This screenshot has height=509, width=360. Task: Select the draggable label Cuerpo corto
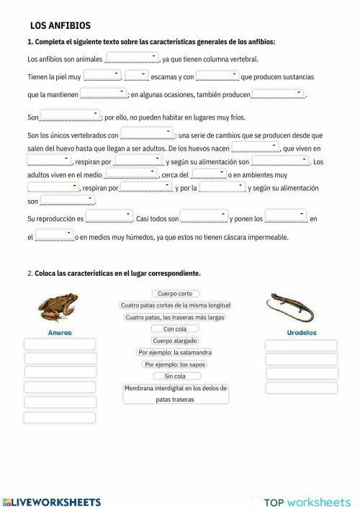pos(176,294)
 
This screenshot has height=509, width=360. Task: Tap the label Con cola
pos(176,328)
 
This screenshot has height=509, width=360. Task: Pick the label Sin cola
pos(175,376)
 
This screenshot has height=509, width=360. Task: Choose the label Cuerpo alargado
pos(175,341)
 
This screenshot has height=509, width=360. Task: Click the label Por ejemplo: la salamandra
pos(175,352)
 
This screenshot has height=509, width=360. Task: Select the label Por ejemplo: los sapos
pos(175,364)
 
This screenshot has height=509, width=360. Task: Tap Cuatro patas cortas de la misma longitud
pos(176,305)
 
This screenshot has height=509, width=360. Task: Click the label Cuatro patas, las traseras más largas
pos(175,317)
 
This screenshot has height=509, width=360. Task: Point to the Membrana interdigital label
pos(176,393)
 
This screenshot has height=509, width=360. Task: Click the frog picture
pos(58,308)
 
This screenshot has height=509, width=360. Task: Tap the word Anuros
pos(59,333)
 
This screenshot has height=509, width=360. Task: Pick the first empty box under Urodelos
pos(301,345)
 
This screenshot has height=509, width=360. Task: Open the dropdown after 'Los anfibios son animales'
pos(132,58)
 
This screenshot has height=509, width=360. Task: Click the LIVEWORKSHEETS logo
pos(52,501)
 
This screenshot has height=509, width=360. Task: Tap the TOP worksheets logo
pos(307,501)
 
